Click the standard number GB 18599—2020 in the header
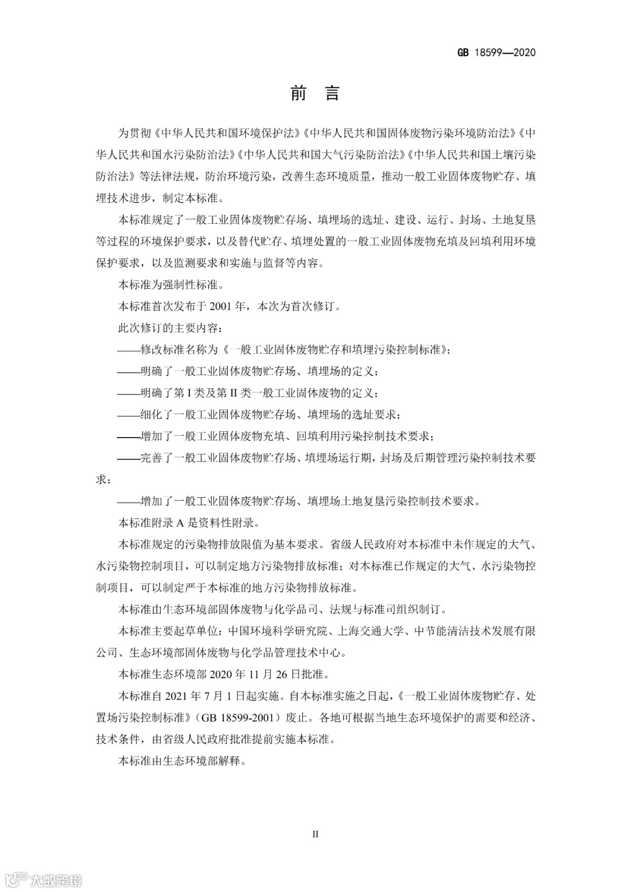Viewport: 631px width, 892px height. coord(496,53)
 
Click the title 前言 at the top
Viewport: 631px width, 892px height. coord(315,93)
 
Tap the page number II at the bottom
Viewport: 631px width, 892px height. coord(315,834)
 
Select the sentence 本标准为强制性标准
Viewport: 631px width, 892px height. coord(171,284)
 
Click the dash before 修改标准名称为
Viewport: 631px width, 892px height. coord(129,349)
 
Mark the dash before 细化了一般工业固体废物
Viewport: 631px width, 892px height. coord(129,414)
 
